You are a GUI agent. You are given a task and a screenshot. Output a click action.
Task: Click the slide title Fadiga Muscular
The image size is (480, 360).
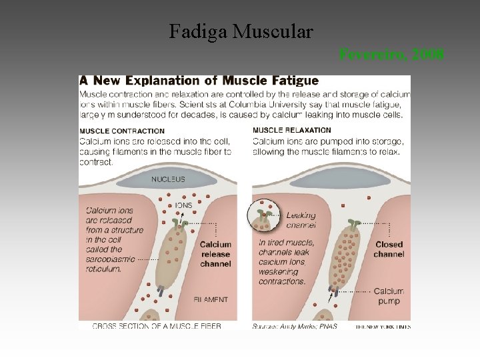tap(241, 31)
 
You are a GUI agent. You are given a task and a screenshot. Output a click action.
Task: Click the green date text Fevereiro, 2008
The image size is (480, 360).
tap(391, 54)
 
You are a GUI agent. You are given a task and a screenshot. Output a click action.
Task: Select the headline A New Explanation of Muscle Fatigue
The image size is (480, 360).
tap(199, 81)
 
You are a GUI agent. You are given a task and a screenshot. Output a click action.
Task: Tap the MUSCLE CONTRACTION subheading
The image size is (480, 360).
tap(122, 131)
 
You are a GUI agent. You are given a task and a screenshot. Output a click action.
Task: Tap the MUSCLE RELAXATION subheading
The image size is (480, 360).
tap(292, 131)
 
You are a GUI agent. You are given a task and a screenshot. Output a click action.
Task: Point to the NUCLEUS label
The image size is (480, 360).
tap(168, 179)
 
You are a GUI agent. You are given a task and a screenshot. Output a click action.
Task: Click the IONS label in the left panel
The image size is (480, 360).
tap(183, 205)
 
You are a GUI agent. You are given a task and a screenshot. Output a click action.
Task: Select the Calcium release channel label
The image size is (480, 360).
tap(215, 254)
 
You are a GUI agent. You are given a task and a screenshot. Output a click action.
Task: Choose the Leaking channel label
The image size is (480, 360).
tap(301, 220)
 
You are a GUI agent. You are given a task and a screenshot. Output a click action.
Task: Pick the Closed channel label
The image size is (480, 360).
tap(389, 249)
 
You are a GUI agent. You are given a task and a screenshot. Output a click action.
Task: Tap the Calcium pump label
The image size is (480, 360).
tap(389, 296)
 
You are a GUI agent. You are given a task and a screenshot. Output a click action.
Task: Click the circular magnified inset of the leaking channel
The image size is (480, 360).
tap(264, 216)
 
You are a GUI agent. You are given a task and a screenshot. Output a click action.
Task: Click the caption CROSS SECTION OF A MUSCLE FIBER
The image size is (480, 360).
tap(156, 326)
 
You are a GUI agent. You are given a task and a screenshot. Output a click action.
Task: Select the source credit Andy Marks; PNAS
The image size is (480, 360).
tap(295, 326)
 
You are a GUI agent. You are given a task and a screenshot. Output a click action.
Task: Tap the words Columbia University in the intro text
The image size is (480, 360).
tap(324, 105)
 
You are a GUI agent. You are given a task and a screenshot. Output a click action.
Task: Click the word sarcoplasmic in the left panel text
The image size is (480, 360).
tap(110, 259)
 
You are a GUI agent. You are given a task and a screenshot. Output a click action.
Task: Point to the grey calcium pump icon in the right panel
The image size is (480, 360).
tap(335, 289)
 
